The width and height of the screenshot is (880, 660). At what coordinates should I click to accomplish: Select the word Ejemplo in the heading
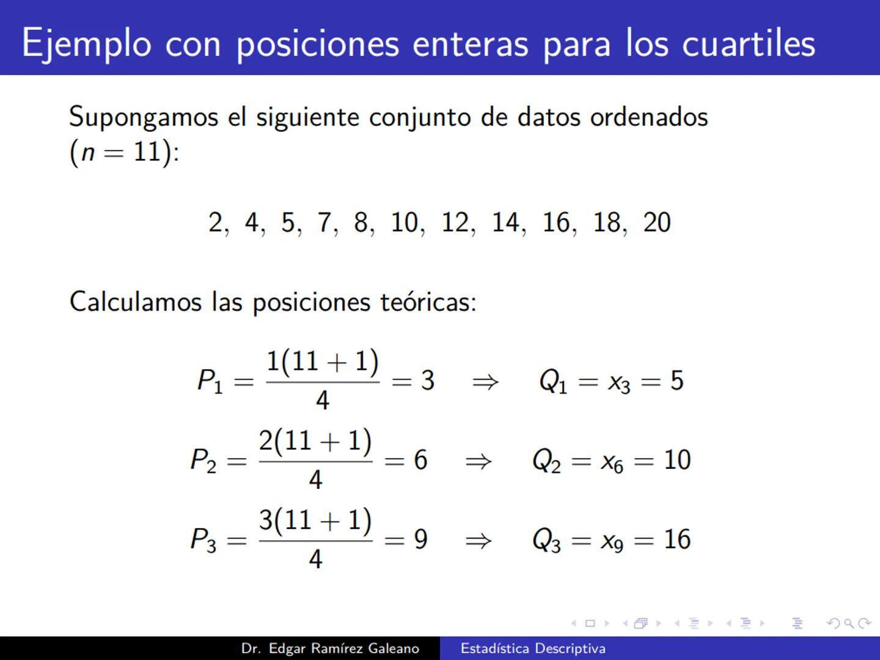[x=86, y=45]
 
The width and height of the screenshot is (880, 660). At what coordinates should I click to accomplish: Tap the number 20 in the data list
[x=657, y=222]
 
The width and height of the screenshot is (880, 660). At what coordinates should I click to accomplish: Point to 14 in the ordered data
[x=506, y=222]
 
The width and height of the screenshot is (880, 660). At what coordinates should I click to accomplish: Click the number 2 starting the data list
[x=215, y=222]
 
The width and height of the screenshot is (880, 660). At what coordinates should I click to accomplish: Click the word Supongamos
[x=144, y=117]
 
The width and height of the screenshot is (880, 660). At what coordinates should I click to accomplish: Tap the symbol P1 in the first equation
[x=210, y=381]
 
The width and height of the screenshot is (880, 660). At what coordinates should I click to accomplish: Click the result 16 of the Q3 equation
[x=677, y=540]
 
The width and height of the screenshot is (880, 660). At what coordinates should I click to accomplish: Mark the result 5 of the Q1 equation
[x=676, y=381]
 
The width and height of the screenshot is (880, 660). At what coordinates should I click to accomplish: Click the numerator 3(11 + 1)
[x=315, y=520]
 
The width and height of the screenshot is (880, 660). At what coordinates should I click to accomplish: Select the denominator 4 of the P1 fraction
[x=322, y=401]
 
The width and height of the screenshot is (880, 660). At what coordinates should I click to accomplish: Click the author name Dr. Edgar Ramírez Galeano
[x=330, y=648]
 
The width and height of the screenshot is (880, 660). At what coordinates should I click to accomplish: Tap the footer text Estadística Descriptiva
[x=533, y=648]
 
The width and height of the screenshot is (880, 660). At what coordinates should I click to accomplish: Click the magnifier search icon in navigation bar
[x=848, y=623]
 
